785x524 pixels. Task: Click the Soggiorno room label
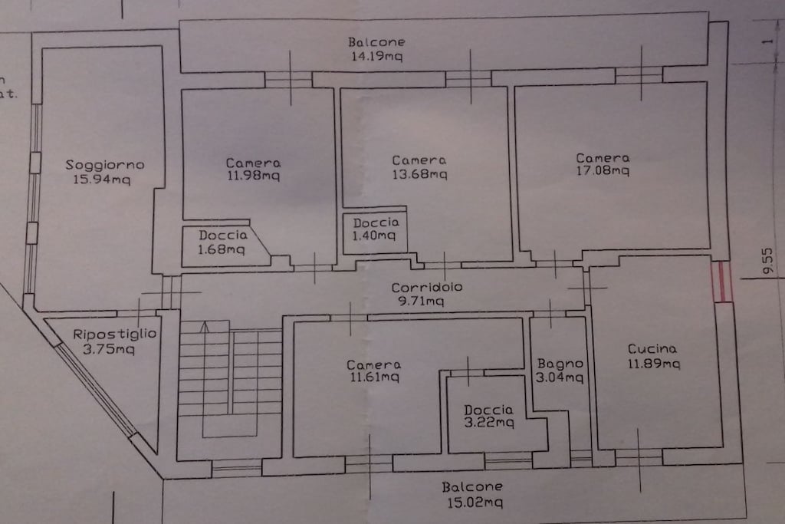pyautogui.click(x=105, y=165)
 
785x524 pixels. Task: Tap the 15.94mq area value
pyautogui.click(x=102, y=179)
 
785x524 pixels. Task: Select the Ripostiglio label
pyautogui.click(x=115, y=335)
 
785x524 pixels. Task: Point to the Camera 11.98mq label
pyautogui.click(x=253, y=169)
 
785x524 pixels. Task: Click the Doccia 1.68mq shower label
pyautogui.click(x=222, y=242)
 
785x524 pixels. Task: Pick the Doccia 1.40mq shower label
pyautogui.click(x=376, y=229)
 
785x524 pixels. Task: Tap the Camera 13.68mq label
pyautogui.click(x=419, y=166)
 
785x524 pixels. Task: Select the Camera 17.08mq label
pyautogui.click(x=603, y=164)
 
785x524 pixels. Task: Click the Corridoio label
pyautogui.click(x=427, y=288)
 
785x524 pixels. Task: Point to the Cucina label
pyautogui.click(x=652, y=348)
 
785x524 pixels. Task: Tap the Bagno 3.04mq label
pyautogui.click(x=560, y=371)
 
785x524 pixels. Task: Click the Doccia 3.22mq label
pyautogui.click(x=488, y=417)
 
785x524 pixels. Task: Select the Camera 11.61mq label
pyautogui.click(x=374, y=371)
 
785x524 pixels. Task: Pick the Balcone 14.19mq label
pyautogui.click(x=376, y=48)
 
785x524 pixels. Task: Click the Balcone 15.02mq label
pyautogui.click(x=473, y=494)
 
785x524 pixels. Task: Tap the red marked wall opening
pyautogui.click(x=721, y=282)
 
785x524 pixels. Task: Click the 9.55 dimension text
pyautogui.click(x=767, y=261)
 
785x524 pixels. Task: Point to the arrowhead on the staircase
pyautogui.click(x=204, y=327)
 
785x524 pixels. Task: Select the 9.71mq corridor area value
pyautogui.click(x=421, y=301)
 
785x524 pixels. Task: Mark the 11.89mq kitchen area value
pyautogui.click(x=655, y=363)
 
